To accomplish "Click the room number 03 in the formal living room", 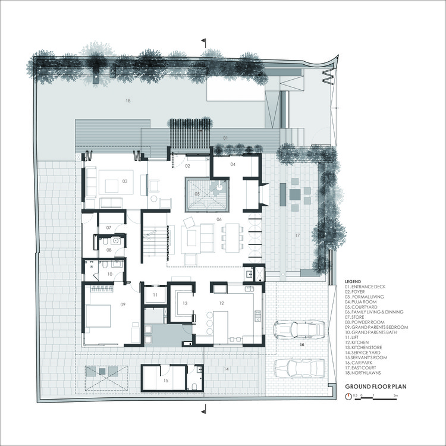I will [125, 180].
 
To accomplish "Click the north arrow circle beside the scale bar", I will [348, 395].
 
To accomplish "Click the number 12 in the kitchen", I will [221, 303].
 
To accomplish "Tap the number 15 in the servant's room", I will [166, 380].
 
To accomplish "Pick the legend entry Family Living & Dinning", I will [373, 312].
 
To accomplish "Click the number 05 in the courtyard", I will [197, 194].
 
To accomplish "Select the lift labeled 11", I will [155, 295].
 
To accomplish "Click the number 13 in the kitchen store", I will [185, 303].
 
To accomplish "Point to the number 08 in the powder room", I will [109, 250].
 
